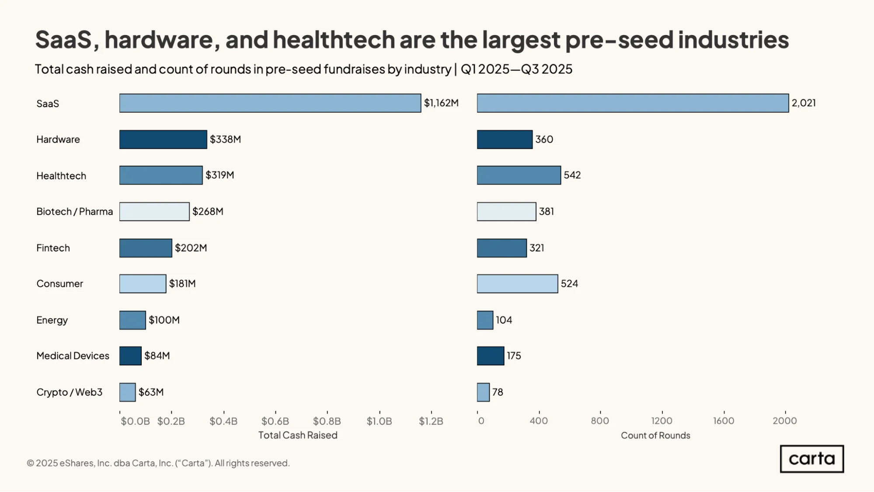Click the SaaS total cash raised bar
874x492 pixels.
270,103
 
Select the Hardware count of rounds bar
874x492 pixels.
505,140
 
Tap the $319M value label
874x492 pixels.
220,175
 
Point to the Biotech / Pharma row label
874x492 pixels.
75,212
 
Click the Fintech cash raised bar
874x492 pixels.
146,248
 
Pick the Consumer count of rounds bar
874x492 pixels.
517,284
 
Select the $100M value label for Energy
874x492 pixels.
164,320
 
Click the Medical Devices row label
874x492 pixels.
73,356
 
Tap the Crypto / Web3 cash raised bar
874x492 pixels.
127,392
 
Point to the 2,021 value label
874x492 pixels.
804,103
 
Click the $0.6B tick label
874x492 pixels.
275,421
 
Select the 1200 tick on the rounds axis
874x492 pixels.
662,421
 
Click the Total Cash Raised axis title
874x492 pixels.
298,435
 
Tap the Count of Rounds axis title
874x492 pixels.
655,436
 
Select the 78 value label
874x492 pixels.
498,392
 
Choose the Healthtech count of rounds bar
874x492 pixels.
519,175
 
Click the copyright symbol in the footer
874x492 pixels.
30,463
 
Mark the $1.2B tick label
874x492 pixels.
431,421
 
